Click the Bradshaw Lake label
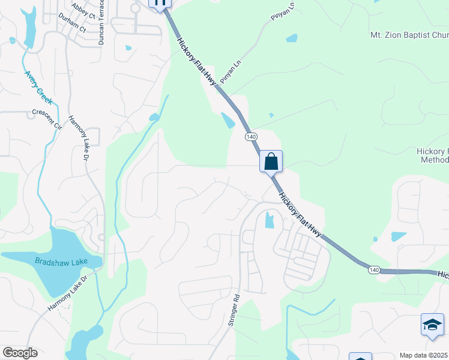(x=61, y=261)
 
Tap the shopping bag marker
(x=271, y=161)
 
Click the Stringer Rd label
(x=234, y=310)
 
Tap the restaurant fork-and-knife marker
(x=160, y=2)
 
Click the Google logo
(x=20, y=353)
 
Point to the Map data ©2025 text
(x=424, y=355)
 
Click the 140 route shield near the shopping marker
(x=251, y=137)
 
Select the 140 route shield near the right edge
(x=375, y=270)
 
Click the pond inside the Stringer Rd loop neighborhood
(x=269, y=221)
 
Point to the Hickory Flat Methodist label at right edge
(x=433, y=155)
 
